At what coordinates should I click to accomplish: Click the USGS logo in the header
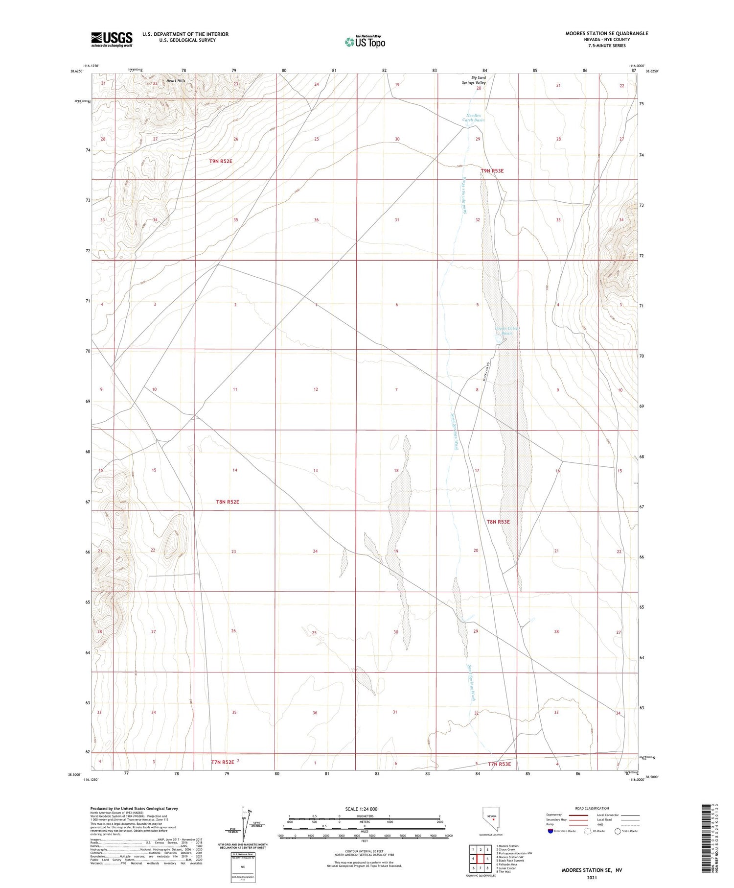click(112, 39)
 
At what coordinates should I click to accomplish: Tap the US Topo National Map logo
click(365, 42)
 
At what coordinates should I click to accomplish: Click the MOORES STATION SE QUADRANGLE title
click(607, 33)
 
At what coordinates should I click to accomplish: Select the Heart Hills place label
click(176, 80)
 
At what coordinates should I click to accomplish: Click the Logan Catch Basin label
click(506, 331)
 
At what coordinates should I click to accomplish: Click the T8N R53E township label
click(498, 522)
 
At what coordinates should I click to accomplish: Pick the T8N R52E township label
click(228, 502)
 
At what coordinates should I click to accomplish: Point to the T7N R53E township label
click(499, 764)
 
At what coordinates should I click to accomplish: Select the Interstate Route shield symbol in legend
click(550, 831)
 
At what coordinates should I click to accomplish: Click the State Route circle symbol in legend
click(618, 831)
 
